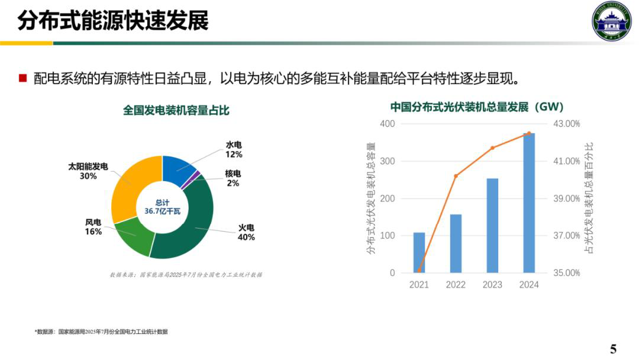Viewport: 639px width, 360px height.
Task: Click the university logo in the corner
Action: click(x=612, y=21)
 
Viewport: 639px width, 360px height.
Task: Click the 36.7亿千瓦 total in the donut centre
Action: click(x=162, y=211)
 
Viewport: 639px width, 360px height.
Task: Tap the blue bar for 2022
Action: click(x=456, y=243)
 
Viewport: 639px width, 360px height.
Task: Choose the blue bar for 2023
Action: click(x=492, y=226)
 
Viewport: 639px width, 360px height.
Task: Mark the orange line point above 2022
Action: click(x=456, y=176)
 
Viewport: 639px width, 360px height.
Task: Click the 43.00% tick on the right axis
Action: click(x=566, y=124)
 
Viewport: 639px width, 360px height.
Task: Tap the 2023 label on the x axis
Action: click(x=492, y=285)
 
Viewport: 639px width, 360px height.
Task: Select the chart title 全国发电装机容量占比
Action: click(x=176, y=110)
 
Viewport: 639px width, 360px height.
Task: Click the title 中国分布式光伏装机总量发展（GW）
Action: click(x=476, y=107)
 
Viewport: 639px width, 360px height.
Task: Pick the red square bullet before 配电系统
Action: click(x=23, y=78)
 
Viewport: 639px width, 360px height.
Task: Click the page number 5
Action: click(x=613, y=348)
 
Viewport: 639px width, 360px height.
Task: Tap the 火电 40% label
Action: click(x=246, y=233)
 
